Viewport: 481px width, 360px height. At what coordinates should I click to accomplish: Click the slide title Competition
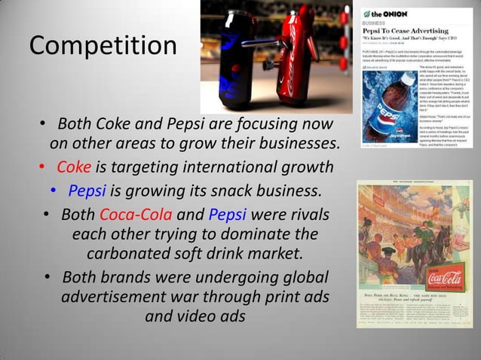point(102,46)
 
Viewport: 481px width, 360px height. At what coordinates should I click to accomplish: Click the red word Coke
point(74,166)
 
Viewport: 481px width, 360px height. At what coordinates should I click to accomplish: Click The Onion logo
point(385,14)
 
